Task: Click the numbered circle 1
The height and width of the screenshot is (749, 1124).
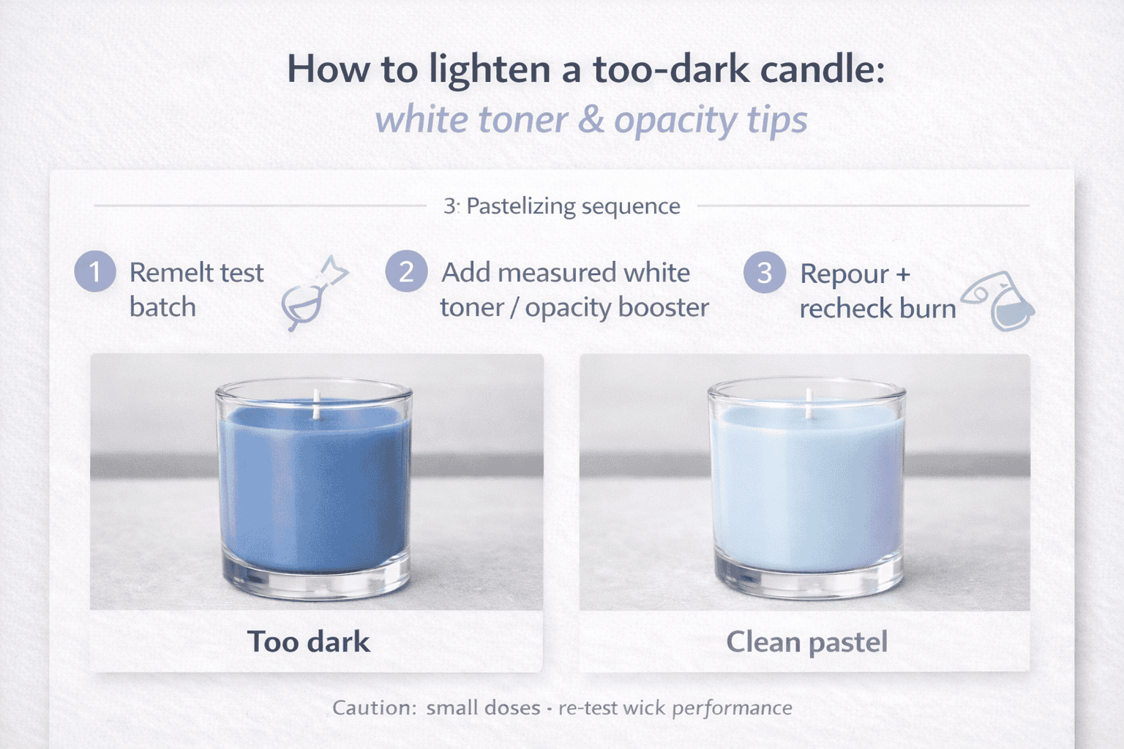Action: click(x=95, y=271)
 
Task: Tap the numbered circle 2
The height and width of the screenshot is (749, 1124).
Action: click(x=406, y=271)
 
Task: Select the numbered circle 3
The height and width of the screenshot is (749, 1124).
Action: click(x=764, y=272)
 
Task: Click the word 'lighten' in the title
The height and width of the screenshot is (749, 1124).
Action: click(x=490, y=69)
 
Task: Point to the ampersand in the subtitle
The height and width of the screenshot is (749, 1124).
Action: click(x=590, y=120)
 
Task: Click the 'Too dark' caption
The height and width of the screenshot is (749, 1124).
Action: click(x=308, y=641)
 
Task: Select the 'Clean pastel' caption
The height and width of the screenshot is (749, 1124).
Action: click(x=806, y=641)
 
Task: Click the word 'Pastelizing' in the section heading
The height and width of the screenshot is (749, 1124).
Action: click(x=521, y=206)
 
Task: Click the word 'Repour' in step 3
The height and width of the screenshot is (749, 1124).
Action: click(x=844, y=274)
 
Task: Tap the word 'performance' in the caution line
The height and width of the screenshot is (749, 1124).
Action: click(x=732, y=707)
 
